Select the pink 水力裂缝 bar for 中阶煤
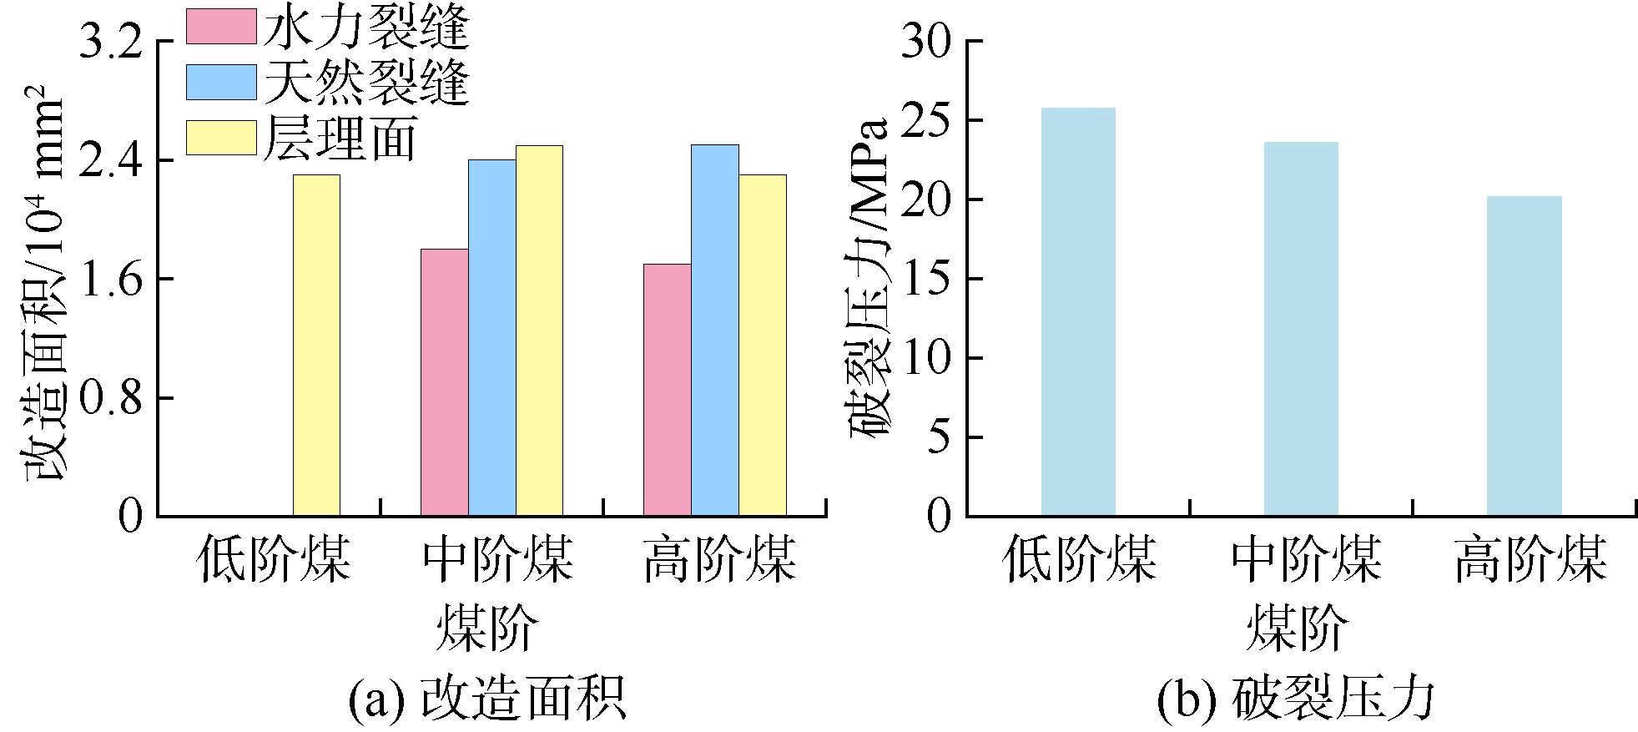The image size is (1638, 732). pyautogui.click(x=444, y=382)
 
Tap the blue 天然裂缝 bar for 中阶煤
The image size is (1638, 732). pyautogui.click(x=491, y=337)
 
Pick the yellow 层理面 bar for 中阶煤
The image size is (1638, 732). pyautogui.click(x=539, y=331)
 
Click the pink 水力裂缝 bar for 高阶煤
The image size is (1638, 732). pyautogui.click(x=667, y=390)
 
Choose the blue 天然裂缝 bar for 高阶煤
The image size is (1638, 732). pyautogui.click(x=714, y=330)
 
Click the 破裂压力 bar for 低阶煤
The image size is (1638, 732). pyautogui.click(x=1077, y=311)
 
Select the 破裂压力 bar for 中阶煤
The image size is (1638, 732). pyautogui.click(x=1300, y=329)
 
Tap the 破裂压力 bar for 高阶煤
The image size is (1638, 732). pyautogui.click(x=1524, y=356)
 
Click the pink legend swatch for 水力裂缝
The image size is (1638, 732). pyautogui.click(x=220, y=27)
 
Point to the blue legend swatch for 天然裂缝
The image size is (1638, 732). pyautogui.click(x=220, y=83)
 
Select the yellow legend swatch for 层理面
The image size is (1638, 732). pyautogui.click(x=220, y=138)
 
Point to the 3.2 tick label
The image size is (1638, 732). pyautogui.click(x=111, y=42)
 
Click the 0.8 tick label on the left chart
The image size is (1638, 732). pyautogui.click(x=111, y=398)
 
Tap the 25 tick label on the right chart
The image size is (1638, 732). pyautogui.click(x=926, y=121)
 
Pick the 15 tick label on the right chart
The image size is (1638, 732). pyautogui.click(x=926, y=279)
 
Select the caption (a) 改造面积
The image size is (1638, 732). pyautogui.click(x=486, y=698)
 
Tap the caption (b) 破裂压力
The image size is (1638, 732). pyautogui.click(x=1296, y=698)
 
